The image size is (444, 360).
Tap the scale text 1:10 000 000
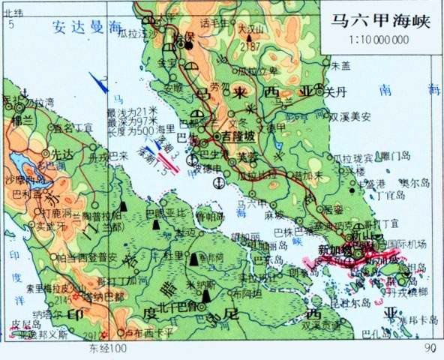click(x=378, y=39)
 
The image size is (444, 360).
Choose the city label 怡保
click(x=183, y=37)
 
